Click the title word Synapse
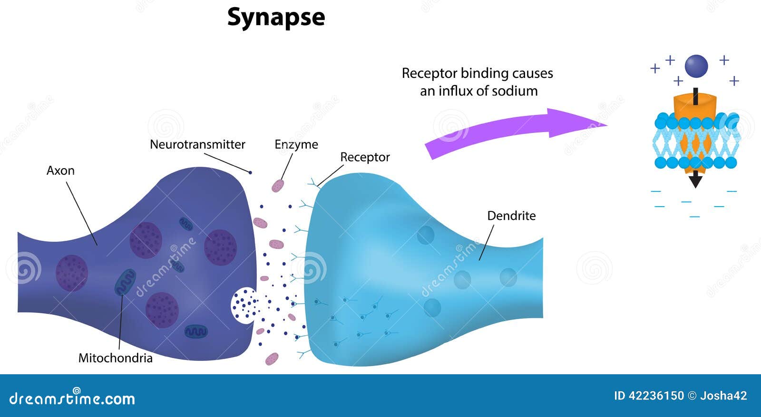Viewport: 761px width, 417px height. coord(276,18)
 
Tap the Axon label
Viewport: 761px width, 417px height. coord(60,171)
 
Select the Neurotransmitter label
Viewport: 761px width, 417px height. coord(197,144)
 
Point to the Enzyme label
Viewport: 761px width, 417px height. coord(296,144)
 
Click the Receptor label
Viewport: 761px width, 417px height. coord(365,157)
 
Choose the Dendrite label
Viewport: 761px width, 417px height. coord(511,216)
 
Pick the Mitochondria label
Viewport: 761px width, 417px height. coord(115,358)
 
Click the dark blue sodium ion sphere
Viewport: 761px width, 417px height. coord(696,66)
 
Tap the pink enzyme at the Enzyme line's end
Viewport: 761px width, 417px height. coord(278,186)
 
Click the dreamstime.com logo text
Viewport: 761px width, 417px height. coord(72,398)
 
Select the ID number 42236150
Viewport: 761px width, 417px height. coord(656,396)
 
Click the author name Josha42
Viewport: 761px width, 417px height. coord(723,396)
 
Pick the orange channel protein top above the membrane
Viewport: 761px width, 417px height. coord(695,105)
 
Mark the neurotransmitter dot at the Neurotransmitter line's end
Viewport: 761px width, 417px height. coord(251,172)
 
